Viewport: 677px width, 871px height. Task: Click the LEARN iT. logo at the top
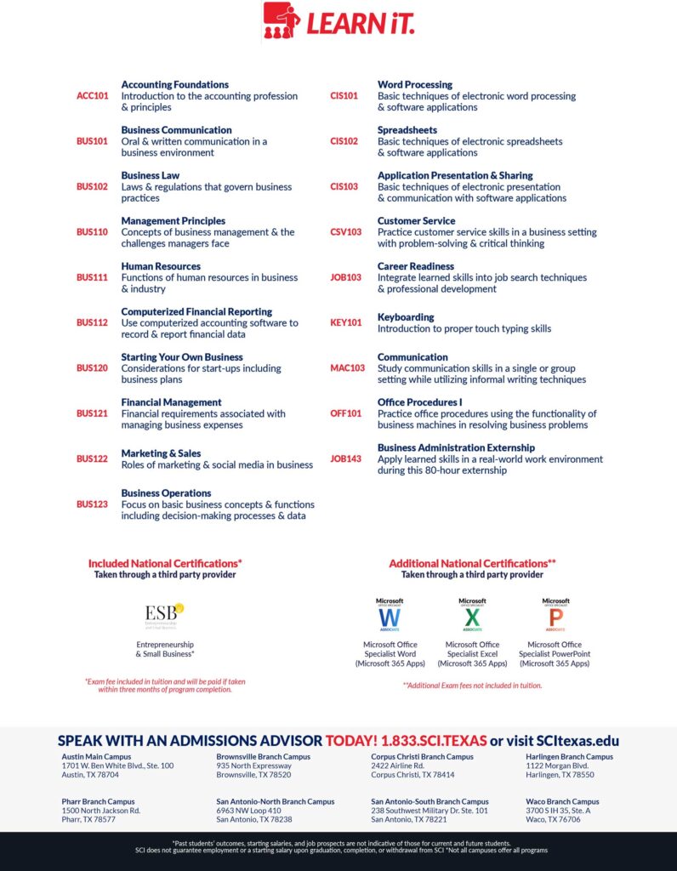coord(338,20)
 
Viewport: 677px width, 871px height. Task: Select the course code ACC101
coord(93,96)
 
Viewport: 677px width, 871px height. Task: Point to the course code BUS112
coord(93,323)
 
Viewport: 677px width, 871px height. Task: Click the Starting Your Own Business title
coord(182,357)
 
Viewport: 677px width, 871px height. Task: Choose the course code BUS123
coord(93,504)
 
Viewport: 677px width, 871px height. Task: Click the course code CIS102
coord(344,141)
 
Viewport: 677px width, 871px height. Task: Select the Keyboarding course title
coord(406,317)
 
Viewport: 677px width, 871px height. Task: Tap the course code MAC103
coord(347,368)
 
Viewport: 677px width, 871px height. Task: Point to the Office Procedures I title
coord(420,402)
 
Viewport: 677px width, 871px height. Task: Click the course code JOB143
coord(345,459)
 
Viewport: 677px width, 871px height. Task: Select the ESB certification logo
coord(164,615)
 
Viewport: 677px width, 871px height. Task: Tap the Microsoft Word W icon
coord(390,615)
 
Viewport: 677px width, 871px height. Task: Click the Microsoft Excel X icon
coord(472,615)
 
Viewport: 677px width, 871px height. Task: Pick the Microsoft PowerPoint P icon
coord(555,615)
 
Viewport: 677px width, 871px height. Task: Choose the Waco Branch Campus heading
coord(562,801)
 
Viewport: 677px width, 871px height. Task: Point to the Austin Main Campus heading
coord(101,756)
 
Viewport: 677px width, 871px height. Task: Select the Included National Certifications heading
coord(165,563)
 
